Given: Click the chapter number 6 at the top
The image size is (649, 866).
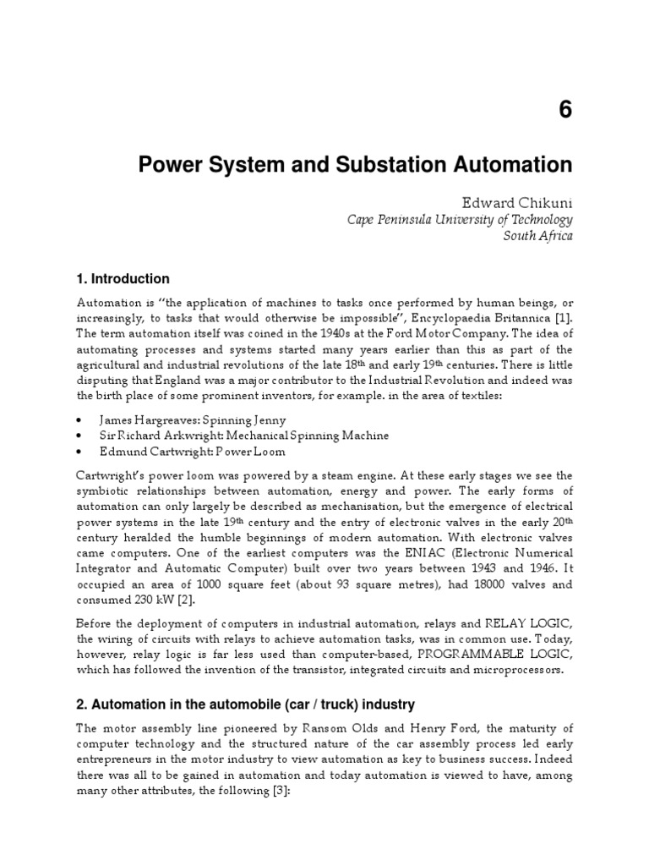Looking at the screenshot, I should click(x=565, y=111).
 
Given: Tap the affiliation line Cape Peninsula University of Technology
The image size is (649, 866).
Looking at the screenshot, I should click(x=461, y=219).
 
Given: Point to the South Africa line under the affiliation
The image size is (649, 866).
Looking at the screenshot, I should click(x=537, y=236).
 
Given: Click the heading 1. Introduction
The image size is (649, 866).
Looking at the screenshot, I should click(x=123, y=279).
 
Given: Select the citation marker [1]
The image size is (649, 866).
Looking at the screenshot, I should click(x=563, y=319).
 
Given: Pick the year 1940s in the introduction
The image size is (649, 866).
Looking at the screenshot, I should click(x=313, y=334).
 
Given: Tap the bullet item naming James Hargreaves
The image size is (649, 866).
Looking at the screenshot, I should click(x=192, y=419).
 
